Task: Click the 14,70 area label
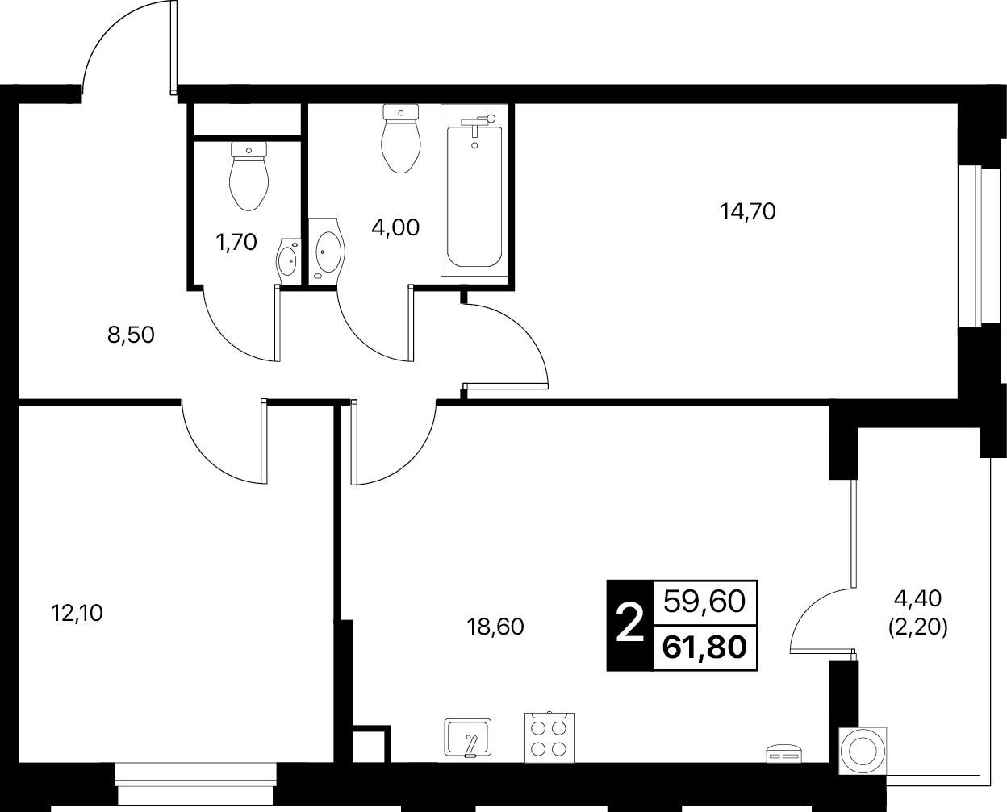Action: [x=748, y=212]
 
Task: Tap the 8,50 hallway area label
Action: [x=131, y=335]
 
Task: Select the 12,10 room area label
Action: [x=77, y=613]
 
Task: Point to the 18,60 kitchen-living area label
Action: [x=495, y=627]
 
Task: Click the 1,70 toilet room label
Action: [x=236, y=242]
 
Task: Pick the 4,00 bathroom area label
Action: [x=395, y=227]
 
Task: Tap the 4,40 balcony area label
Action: [x=917, y=599]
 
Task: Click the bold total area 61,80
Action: [x=704, y=648]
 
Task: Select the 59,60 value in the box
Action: [x=704, y=602]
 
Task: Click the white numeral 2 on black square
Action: [x=630, y=626]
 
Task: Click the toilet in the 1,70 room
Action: [x=249, y=176]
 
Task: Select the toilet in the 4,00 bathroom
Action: [x=400, y=139]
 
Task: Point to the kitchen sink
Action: [x=468, y=738]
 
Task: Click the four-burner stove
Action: [x=549, y=738]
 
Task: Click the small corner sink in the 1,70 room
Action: [x=289, y=261]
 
